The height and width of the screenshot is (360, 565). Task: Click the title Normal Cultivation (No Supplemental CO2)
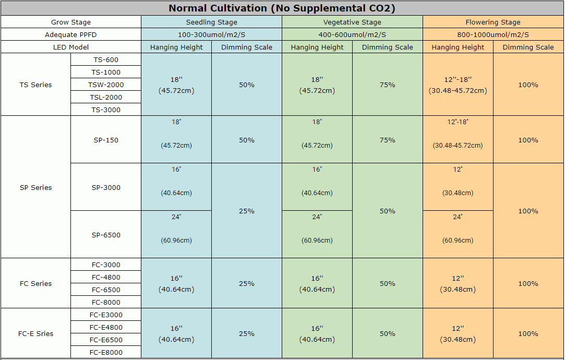click(x=282, y=8)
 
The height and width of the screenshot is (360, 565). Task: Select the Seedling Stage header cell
click(x=211, y=22)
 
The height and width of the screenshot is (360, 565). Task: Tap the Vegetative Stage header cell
click(x=352, y=22)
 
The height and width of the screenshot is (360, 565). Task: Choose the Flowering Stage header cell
click(x=493, y=22)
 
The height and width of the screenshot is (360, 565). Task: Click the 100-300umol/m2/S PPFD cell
click(x=211, y=35)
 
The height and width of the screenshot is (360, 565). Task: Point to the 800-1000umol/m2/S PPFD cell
click(x=493, y=35)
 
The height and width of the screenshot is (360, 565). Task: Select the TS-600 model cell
click(x=106, y=59)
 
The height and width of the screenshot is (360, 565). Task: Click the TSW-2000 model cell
click(x=106, y=85)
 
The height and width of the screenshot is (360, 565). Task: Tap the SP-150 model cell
click(x=106, y=140)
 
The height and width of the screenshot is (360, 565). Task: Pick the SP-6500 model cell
click(x=106, y=235)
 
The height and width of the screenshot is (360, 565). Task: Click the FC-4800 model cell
click(x=106, y=277)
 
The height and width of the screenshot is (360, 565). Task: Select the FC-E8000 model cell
click(x=106, y=353)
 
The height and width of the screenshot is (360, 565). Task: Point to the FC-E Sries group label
click(x=35, y=334)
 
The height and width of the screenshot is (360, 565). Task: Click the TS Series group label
click(x=35, y=85)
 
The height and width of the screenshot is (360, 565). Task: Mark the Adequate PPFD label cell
click(x=71, y=35)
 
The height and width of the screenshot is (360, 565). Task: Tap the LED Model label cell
click(x=71, y=47)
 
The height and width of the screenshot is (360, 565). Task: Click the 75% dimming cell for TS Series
click(x=388, y=85)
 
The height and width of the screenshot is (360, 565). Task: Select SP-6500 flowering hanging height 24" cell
click(x=458, y=234)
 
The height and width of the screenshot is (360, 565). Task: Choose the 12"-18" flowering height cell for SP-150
click(x=458, y=140)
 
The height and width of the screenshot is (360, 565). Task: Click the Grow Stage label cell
click(x=71, y=22)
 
